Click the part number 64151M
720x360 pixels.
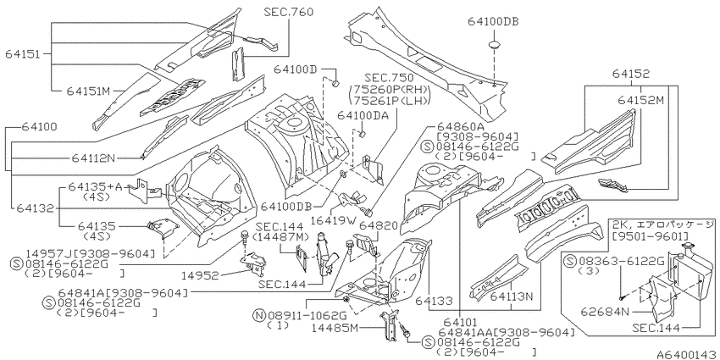click(x=88, y=91)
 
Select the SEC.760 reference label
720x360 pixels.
click(x=289, y=12)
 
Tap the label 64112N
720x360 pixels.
click(x=93, y=158)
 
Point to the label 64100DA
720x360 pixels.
click(x=363, y=115)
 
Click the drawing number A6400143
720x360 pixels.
click(x=686, y=354)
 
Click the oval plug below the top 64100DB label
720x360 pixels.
click(x=494, y=45)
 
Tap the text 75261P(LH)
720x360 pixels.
click(x=390, y=101)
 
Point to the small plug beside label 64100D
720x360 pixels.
click(x=335, y=83)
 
